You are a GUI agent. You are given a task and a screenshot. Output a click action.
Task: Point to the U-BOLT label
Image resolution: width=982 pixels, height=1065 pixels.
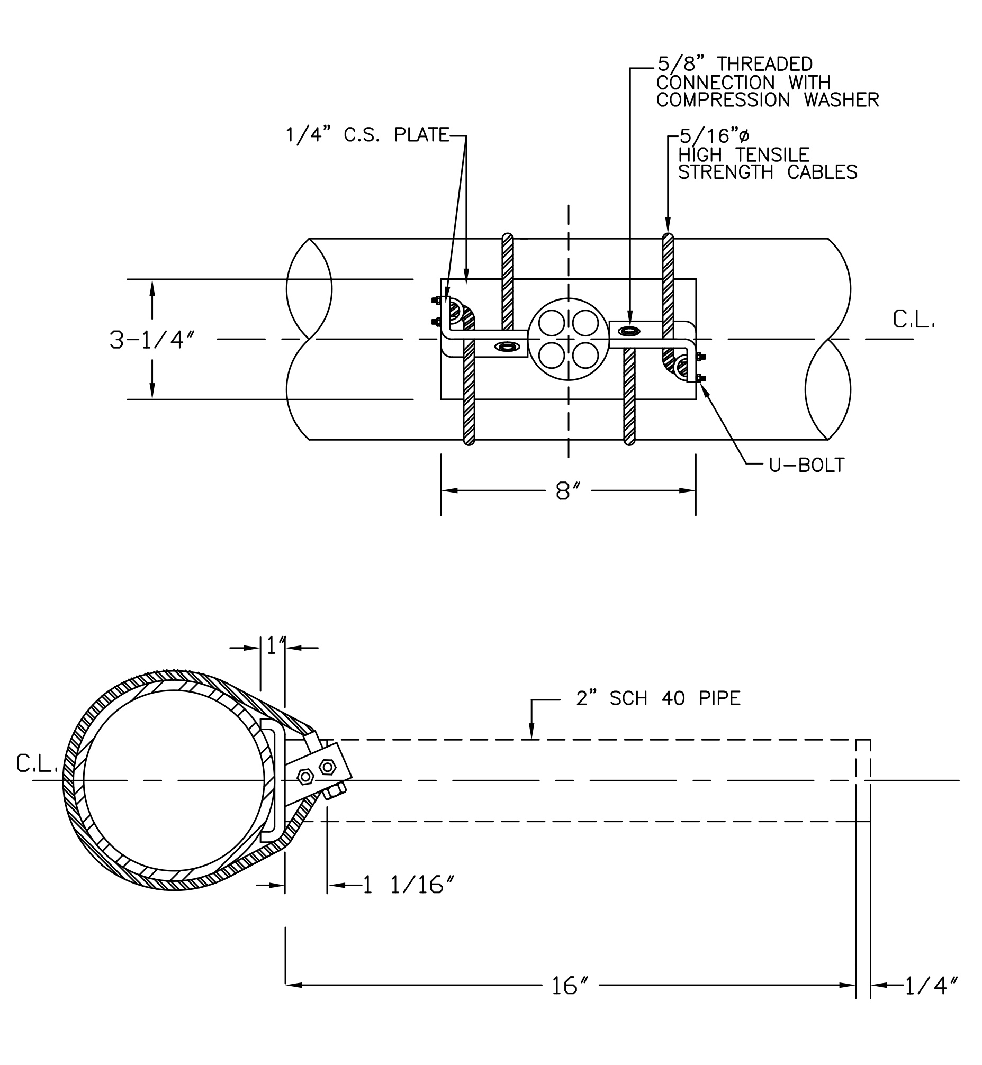tap(807, 465)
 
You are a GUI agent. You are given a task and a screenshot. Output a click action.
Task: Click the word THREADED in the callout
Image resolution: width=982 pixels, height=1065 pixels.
tap(764, 64)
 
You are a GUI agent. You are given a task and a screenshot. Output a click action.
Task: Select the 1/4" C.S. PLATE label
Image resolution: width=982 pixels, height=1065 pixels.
tap(367, 135)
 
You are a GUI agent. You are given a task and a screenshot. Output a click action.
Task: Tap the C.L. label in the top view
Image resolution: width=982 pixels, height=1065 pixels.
tap(914, 320)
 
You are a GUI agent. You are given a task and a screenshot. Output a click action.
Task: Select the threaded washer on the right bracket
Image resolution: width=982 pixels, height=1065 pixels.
tap(629, 331)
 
